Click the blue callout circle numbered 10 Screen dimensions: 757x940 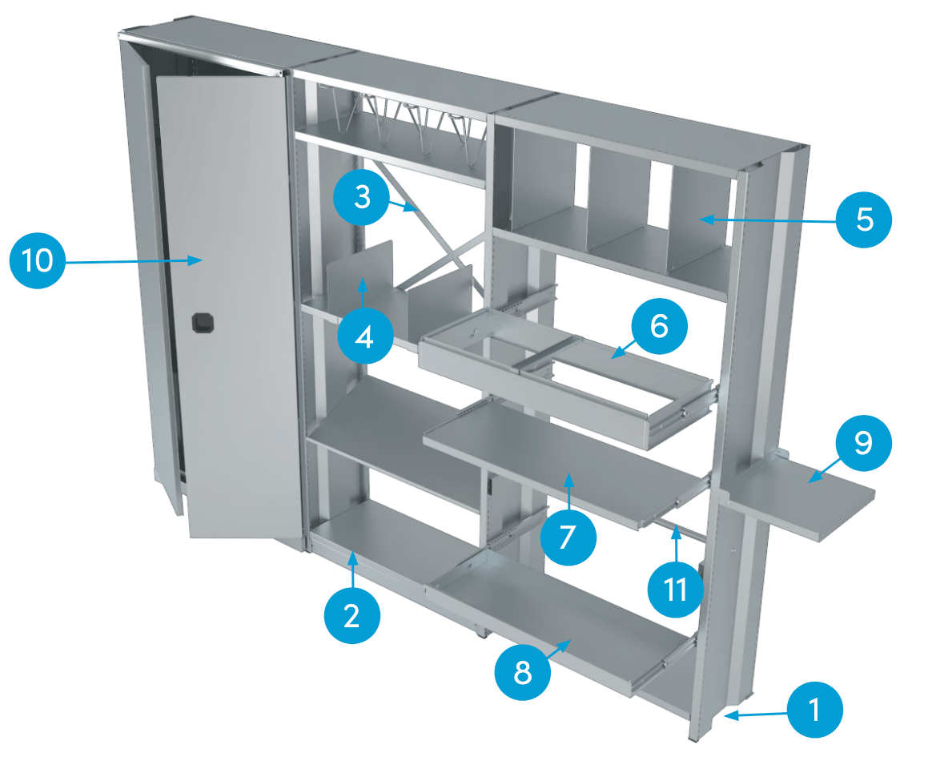pyautogui.click(x=38, y=261)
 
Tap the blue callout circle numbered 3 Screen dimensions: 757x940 pyautogui.click(x=363, y=195)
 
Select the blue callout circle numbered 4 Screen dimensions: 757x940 pyautogui.click(x=364, y=337)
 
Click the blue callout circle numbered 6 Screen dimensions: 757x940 pyautogui.click(x=659, y=328)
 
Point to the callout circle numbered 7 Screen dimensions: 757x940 pyautogui.click(x=568, y=538)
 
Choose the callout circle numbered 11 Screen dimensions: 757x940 pyautogui.click(x=676, y=589)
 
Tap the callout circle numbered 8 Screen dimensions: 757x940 pyautogui.click(x=522, y=674)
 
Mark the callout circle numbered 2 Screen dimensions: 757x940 pyautogui.click(x=351, y=615)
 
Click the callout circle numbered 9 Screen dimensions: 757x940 pyautogui.click(x=863, y=443)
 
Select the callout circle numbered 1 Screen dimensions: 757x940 pyautogui.click(x=815, y=710)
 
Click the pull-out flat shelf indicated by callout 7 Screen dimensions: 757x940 pyautogui.click(x=560, y=457)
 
